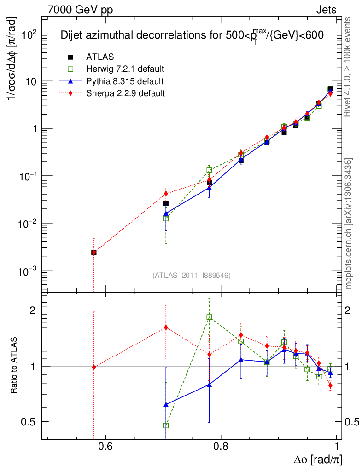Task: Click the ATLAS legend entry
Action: point(100,57)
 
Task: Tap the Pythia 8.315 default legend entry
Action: point(124,81)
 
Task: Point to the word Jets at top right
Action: point(326,10)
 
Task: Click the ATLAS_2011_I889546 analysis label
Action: point(191,275)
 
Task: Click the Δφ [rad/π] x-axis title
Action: point(318,459)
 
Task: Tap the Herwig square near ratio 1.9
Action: point(209,317)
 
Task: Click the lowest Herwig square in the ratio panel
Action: point(166,425)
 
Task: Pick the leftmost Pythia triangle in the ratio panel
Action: point(166,404)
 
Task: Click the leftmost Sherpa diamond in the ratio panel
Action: point(94,367)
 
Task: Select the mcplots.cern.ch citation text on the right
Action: point(349,224)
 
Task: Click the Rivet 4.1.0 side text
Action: point(349,67)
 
